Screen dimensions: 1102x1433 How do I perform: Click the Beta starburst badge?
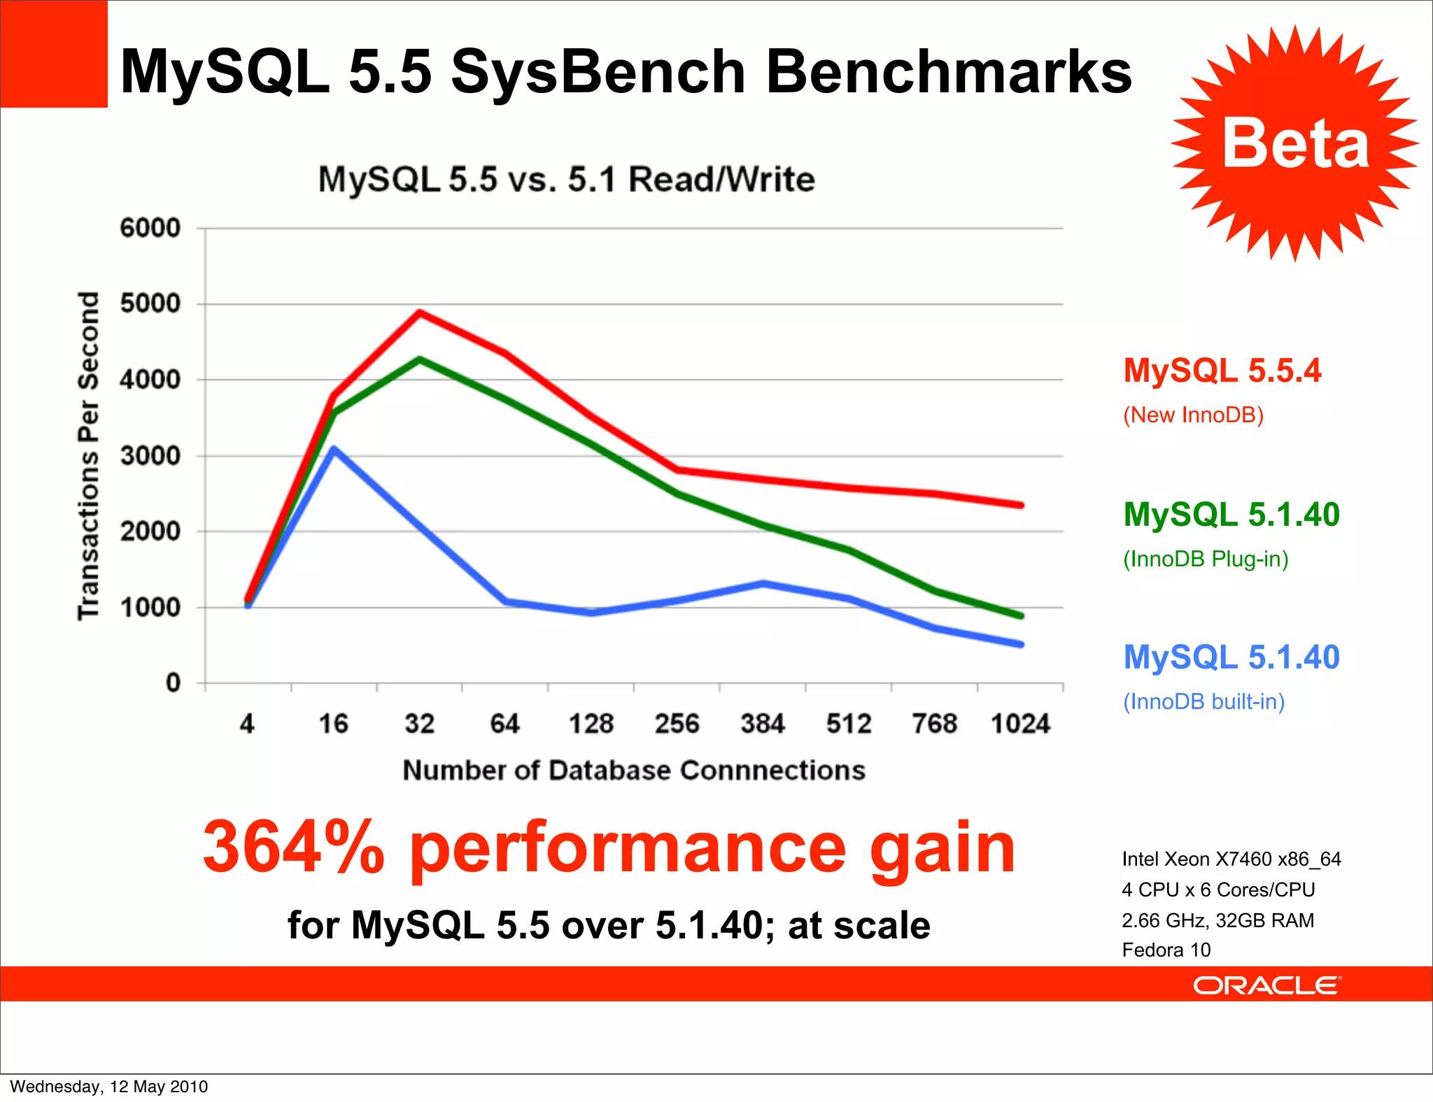click(1294, 143)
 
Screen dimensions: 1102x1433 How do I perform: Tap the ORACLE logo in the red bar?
click(1266, 985)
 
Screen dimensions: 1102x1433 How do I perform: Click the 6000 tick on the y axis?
click(150, 228)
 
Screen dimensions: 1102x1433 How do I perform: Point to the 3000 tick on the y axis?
click(150, 456)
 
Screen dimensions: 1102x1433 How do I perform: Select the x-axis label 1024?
click(1020, 724)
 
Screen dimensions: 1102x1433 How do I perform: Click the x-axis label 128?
click(591, 724)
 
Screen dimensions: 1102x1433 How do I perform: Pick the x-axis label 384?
click(763, 724)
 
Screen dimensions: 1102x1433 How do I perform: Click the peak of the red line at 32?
click(420, 313)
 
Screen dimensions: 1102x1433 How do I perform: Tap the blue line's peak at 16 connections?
click(334, 450)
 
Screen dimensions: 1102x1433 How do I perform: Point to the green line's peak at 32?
click(420, 359)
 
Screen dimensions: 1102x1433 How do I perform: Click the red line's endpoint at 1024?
click(1021, 505)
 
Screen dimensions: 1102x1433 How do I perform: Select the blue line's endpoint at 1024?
click(1021, 644)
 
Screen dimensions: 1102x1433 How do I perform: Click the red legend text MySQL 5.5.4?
click(1222, 371)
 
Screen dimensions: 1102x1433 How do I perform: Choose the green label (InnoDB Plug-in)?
click(1205, 559)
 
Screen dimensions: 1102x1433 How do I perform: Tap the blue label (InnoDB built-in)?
click(1203, 701)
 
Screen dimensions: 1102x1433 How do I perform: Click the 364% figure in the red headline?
click(294, 847)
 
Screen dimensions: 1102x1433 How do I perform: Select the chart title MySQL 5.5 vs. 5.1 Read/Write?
click(566, 180)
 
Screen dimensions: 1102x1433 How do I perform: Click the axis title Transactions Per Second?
click(89, 456)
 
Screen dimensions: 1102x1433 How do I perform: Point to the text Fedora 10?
click(1166, 950)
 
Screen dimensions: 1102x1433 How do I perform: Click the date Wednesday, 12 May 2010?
click(108, 1087)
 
